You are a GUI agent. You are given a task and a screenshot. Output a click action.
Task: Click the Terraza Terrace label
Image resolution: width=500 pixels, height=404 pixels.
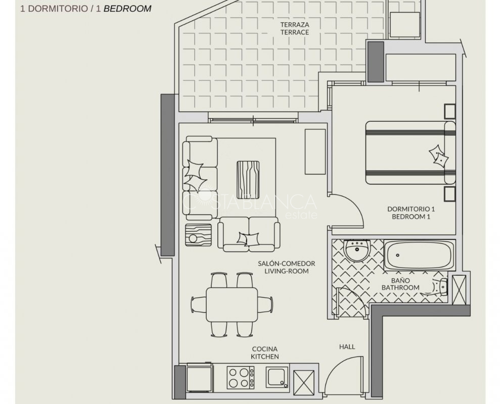295,28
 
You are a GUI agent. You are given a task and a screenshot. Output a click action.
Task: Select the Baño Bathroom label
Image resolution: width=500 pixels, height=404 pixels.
400,284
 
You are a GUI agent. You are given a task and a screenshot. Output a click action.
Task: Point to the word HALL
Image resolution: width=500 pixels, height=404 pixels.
347,346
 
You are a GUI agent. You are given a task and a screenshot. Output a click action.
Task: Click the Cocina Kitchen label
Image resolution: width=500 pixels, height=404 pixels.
265,352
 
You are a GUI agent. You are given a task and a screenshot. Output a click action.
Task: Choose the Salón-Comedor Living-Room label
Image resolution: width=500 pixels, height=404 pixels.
286,267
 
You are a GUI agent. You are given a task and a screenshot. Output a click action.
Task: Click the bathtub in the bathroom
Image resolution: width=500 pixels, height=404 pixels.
419,256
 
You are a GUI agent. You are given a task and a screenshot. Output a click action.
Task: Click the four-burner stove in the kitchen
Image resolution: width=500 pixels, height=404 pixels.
241,378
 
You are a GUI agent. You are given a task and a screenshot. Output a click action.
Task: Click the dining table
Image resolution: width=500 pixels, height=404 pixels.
232,305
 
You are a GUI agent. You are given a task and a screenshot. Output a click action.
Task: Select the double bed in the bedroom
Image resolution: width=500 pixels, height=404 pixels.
411,153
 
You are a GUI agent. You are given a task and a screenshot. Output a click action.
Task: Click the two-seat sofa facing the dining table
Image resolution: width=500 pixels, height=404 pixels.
249,234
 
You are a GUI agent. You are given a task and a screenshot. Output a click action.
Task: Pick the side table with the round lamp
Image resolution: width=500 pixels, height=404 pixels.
198,235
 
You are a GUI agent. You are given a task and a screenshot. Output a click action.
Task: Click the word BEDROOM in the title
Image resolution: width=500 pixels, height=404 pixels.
127,9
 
